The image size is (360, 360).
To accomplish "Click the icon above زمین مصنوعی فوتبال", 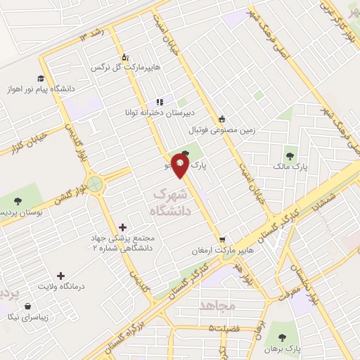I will [222, 119].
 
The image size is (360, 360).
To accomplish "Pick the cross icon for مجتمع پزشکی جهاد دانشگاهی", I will [123, 227].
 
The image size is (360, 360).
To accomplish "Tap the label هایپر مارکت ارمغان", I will [221, 251].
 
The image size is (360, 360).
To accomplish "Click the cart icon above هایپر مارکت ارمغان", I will [222, 239].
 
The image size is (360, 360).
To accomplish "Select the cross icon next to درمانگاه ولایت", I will [60, 276].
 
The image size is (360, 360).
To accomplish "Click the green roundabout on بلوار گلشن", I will [95, 186].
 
